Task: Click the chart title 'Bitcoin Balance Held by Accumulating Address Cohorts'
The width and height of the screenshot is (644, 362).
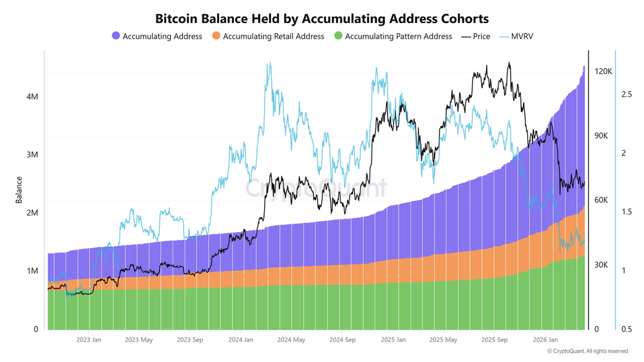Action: click(x=322, y=17)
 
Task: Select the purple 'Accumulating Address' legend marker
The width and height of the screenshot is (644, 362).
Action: click(x=116, y=37)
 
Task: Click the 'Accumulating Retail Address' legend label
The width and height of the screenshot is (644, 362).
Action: click(x=273, y=37)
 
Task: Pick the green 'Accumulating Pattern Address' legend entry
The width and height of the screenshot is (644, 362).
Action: click(x=398, y=37)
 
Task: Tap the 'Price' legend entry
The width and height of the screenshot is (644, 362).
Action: click(x=482, y=37)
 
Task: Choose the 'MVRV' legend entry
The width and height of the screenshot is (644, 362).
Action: click(x=522, y=37)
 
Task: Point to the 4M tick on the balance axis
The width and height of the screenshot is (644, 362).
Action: click(x=31, y=96)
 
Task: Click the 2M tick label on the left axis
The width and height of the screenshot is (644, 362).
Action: click(x=31, y=213)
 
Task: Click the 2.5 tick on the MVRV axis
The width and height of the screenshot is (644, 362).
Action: click(x=626, y=95)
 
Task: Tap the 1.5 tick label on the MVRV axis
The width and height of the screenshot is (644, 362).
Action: click(x=626, y=212)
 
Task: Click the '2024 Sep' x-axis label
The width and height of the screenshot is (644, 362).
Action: click(x=341, y=339)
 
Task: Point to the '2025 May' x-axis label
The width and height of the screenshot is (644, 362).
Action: click(x=442, y=339)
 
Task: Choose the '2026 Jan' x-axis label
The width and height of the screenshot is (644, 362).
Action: click(x=544, y=339)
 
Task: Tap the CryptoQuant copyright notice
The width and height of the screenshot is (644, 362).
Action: click(x=587, y=351)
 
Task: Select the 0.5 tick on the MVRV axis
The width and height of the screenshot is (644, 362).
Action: click(x=626, y=329)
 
